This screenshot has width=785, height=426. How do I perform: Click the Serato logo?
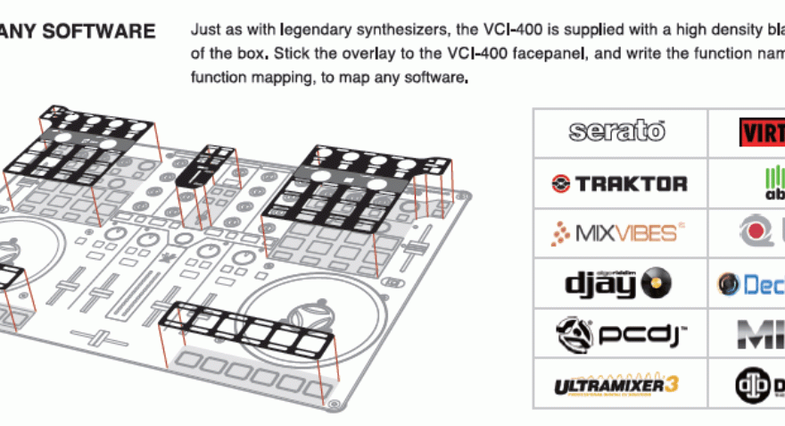click(x=618, y=131)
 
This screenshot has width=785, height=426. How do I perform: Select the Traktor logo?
click(x=618, y=183)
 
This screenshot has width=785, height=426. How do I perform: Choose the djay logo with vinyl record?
click(x=618, y=284)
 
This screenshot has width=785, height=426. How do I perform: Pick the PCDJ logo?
click(x=618, y=334)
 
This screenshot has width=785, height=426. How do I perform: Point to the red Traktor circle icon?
click(x=561, y=184)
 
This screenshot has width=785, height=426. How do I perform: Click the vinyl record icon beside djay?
click(x=657, y=284)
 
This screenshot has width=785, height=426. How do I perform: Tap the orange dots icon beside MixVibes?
click(x=558, y=235)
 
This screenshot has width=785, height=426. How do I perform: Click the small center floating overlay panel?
click(x=206, y=164)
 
